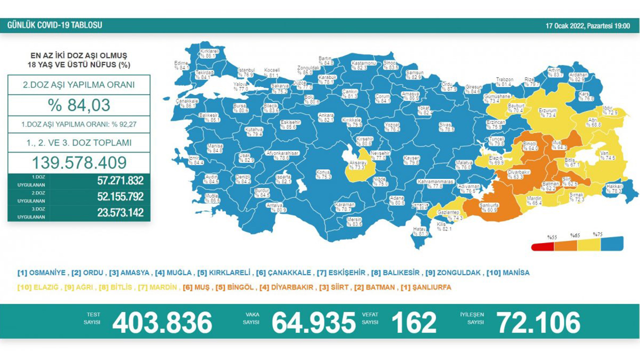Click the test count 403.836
point(162,322)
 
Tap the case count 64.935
point(313,322)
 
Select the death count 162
point(414,322)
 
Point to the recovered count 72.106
point(538,322)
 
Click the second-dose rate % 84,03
point(79,105)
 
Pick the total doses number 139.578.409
point(79,162)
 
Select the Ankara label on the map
point(326,117)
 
